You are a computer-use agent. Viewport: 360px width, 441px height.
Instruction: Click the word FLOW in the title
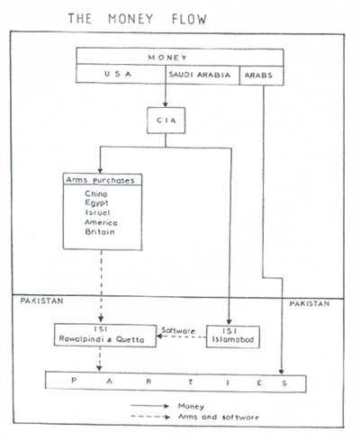189,19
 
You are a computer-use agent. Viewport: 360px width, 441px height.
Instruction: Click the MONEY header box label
167,58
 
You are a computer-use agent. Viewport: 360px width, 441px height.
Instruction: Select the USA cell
118,74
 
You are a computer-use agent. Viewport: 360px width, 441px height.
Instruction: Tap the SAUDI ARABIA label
200,75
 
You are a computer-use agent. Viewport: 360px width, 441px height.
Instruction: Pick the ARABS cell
262,76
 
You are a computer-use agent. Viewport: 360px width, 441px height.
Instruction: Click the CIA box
166,121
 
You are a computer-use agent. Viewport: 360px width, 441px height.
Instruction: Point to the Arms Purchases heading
100,180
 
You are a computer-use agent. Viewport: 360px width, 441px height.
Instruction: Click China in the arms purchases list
96,193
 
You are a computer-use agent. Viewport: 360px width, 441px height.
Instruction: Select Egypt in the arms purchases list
96,203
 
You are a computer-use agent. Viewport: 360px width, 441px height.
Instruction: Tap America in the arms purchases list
101,222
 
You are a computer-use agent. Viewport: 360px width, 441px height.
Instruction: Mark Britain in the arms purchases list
100,232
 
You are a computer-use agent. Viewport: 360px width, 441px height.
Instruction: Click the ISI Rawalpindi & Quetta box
105,336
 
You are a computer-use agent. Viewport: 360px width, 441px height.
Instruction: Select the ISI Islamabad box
233,337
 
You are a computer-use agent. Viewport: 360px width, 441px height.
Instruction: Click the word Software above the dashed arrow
178,330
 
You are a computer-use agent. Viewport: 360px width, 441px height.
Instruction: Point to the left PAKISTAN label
41,301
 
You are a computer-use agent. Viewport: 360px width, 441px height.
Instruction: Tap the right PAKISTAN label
310,303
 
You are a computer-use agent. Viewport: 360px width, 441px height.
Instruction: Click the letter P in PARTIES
74,381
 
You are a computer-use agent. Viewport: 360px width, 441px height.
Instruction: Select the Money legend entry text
191,406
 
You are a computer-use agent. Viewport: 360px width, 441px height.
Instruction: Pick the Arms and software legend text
219,417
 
